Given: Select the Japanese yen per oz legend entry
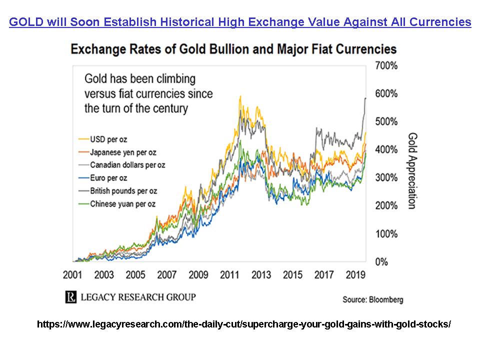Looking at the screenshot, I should (x=119, y=151).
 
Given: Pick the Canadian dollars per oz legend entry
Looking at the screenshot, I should (x=127, y=164).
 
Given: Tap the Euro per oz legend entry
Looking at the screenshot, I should (x=108, y=177).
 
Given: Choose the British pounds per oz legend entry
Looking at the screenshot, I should (x=123, y=190).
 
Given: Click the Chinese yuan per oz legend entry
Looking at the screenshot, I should (x=122, y=203).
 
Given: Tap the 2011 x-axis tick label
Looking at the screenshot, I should (x=229, y=275).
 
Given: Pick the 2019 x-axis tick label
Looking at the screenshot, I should (x=356, y=275).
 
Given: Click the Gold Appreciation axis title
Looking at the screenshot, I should (x=413, y=170).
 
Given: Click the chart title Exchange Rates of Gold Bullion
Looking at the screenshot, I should (x=233, y=49).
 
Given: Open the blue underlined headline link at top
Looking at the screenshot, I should (x=240, y=22).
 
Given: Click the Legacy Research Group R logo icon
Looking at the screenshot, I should (x=71, y=297).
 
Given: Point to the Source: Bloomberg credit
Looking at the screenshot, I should (x=372, y=299).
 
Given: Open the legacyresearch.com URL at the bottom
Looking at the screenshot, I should (x=243, y=324).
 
